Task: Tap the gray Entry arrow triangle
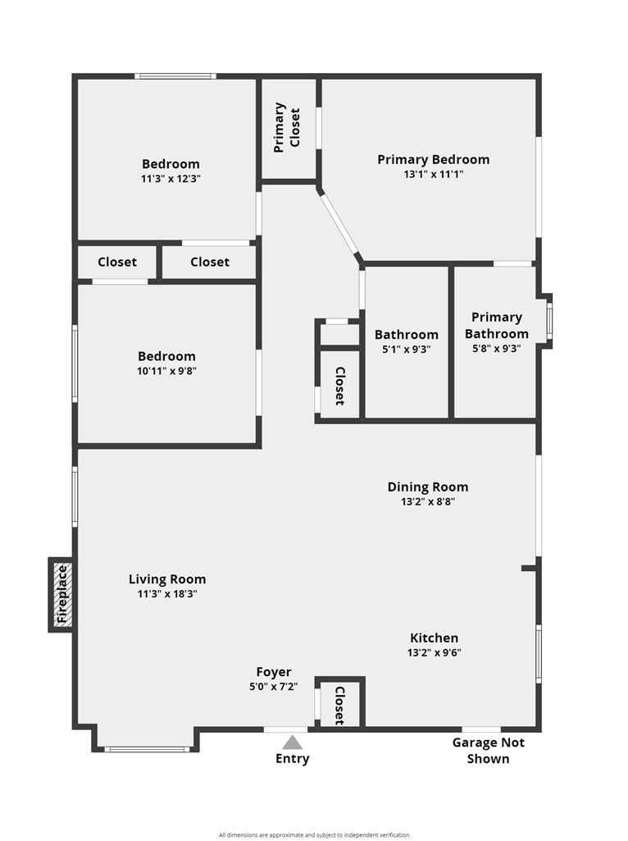point(292,743)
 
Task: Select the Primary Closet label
point(287,128)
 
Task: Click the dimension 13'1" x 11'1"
point(434,174)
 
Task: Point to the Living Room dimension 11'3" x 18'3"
point(167,594)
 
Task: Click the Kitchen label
point(434,638)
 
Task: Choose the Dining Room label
point(428,487)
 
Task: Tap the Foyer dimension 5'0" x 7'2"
point(274,686)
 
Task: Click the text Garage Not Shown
point(488,751)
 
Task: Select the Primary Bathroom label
point(497,325)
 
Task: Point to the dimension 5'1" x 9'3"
point(407,350)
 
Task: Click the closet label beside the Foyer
point(339,706)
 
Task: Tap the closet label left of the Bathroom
point(339,386)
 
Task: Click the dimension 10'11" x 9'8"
point(166,371)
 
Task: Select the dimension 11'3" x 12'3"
point(171,179)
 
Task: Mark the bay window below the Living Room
point(147,749)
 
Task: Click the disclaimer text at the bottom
point(314,834)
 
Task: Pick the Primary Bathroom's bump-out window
point(549,322)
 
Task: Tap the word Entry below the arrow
point(292,758)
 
